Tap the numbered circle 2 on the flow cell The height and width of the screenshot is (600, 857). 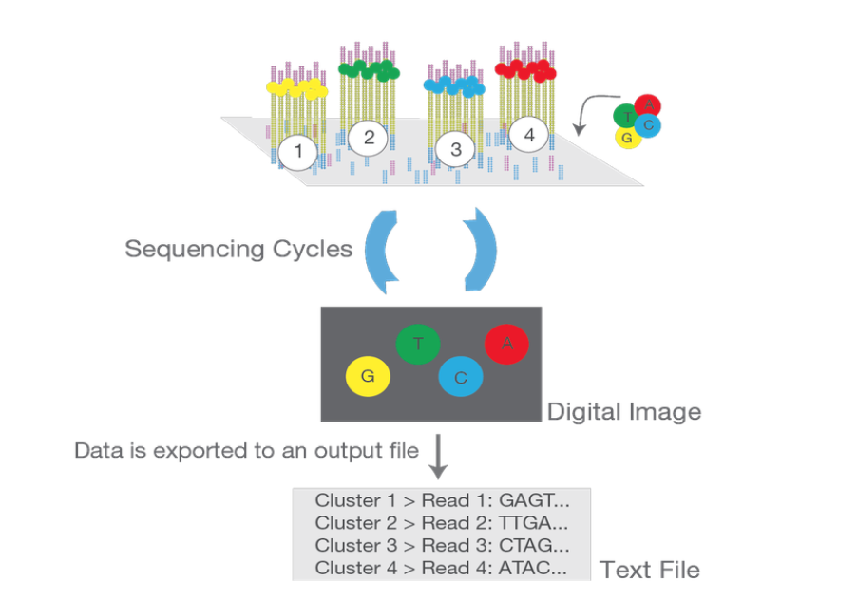369,139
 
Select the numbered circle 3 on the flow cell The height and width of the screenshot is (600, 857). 456,150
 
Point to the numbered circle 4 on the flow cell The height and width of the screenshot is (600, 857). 529,136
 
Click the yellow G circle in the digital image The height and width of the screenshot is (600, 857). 369,377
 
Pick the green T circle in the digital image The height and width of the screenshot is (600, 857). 418,345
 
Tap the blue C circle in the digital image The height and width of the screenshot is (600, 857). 461,377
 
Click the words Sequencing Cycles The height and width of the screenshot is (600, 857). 238,250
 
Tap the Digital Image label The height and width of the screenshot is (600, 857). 624,412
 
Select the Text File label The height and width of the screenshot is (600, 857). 650,570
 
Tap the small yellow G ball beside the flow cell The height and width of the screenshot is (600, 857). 626,138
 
